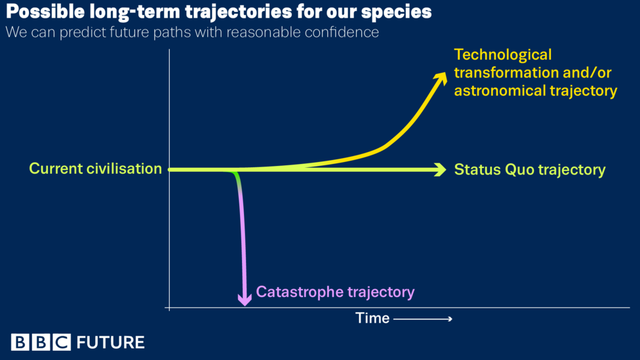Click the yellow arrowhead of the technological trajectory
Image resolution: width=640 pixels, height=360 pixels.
point(441,79)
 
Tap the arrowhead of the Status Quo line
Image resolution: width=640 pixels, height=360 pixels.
point(440,169)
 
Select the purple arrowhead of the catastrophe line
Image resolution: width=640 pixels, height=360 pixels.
point(245,300)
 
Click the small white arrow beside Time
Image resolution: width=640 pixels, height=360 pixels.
point(423,319)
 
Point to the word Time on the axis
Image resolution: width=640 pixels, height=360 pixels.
point(372,318)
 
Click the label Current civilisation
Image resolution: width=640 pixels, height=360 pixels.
point(96,169)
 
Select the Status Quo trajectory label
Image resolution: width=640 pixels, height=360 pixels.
point(530,170)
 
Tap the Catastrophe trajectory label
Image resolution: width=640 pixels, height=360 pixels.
point(335,292)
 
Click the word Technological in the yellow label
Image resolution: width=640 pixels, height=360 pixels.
point(503,54)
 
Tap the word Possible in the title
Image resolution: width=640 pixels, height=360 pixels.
point(45,11)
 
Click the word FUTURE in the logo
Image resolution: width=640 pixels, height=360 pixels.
point(111,342)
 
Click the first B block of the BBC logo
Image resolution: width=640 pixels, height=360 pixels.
point(20,342)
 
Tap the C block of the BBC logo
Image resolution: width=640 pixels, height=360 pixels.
point(62,342)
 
